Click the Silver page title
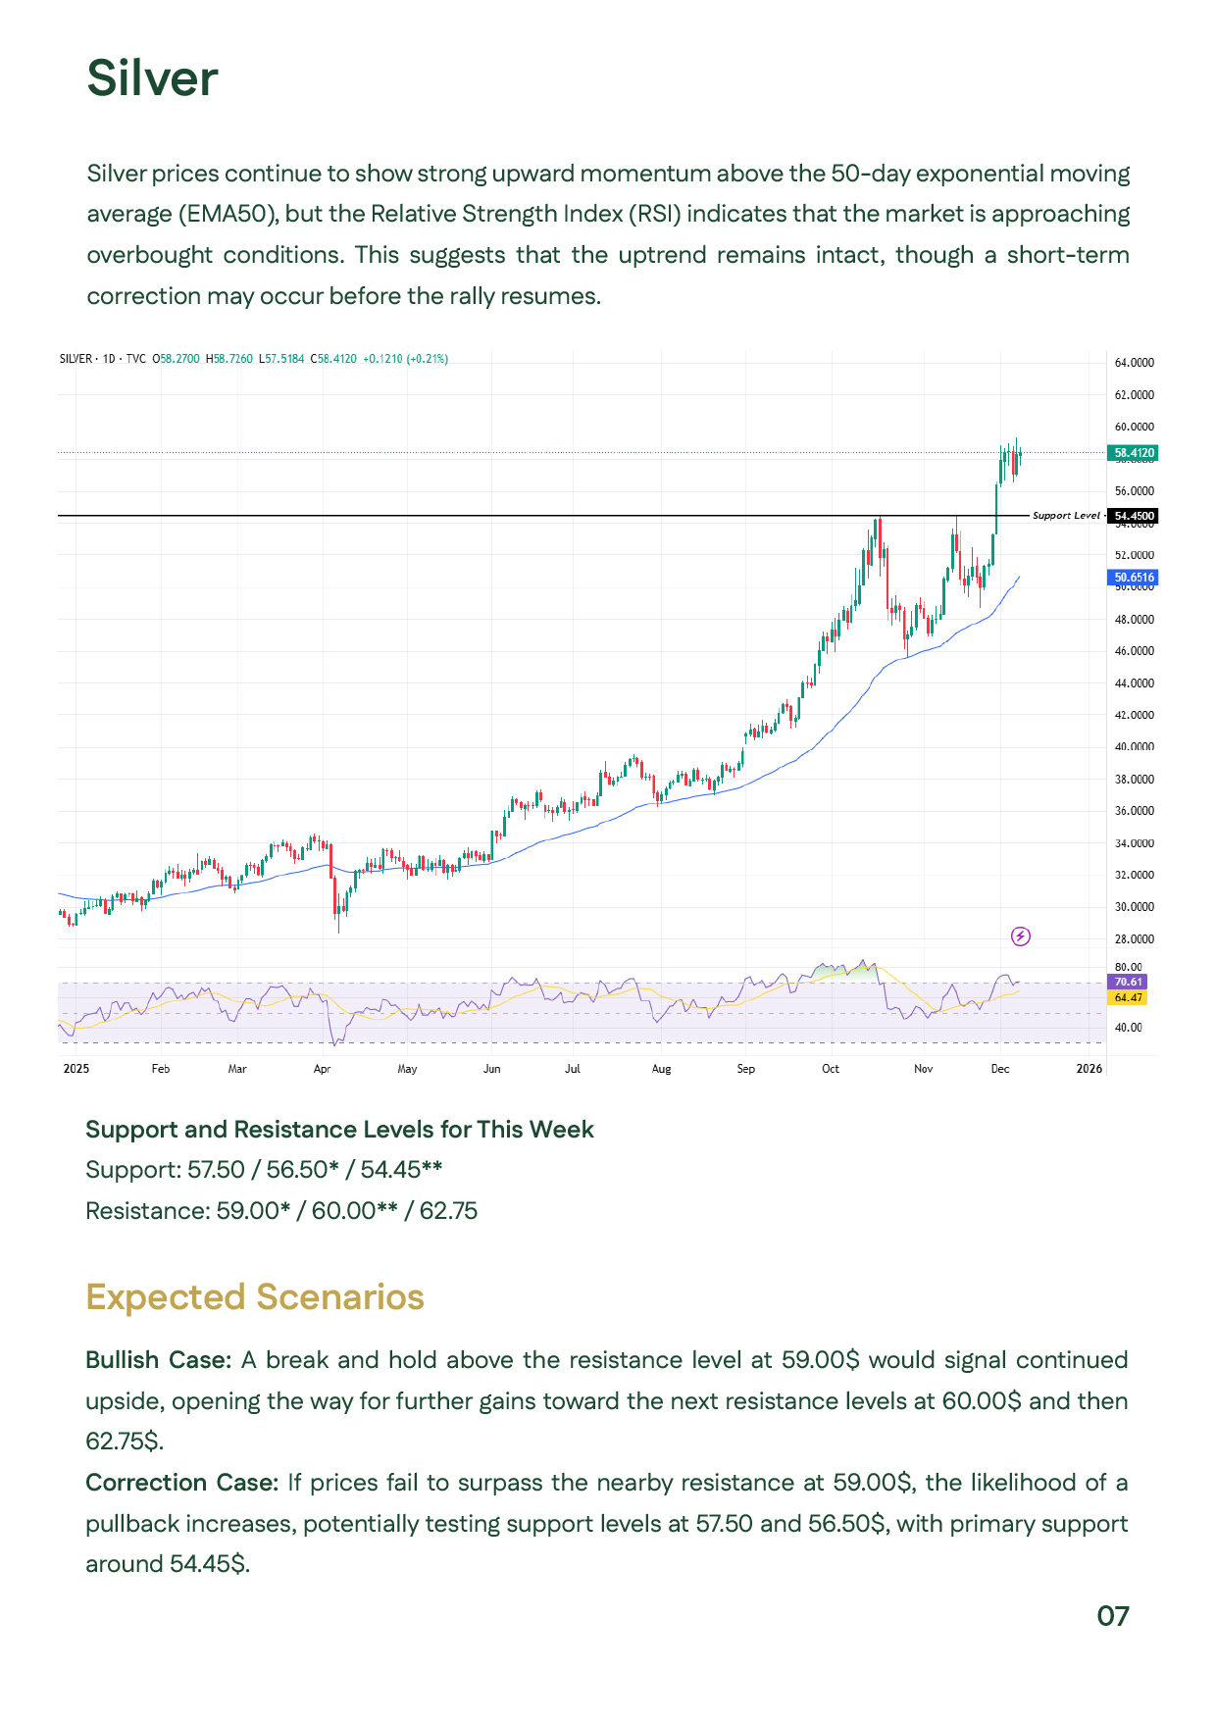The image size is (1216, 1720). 152,78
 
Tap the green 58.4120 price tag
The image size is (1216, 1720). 1134,453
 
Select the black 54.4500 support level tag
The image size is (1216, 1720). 1134,516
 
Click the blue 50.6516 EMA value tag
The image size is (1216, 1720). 1134,578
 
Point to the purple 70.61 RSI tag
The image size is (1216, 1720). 1128,982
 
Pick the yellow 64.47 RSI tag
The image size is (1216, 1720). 1128,997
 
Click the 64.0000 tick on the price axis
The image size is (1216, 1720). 1134,363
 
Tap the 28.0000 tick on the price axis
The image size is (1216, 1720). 1134,939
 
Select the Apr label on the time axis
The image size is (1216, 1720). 322,1069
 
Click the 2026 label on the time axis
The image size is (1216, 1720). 1089,1069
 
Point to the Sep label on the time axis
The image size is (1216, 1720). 746,1069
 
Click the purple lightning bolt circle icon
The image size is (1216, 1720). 1021,936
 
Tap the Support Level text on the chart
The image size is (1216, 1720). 1066,516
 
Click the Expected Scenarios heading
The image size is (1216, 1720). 255,1297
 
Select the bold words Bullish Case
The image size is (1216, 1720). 157,1360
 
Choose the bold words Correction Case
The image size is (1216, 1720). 181,1483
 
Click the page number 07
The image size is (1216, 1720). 1113,1616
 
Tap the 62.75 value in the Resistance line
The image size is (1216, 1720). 448,1211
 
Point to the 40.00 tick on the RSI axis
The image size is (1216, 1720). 1128,1028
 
